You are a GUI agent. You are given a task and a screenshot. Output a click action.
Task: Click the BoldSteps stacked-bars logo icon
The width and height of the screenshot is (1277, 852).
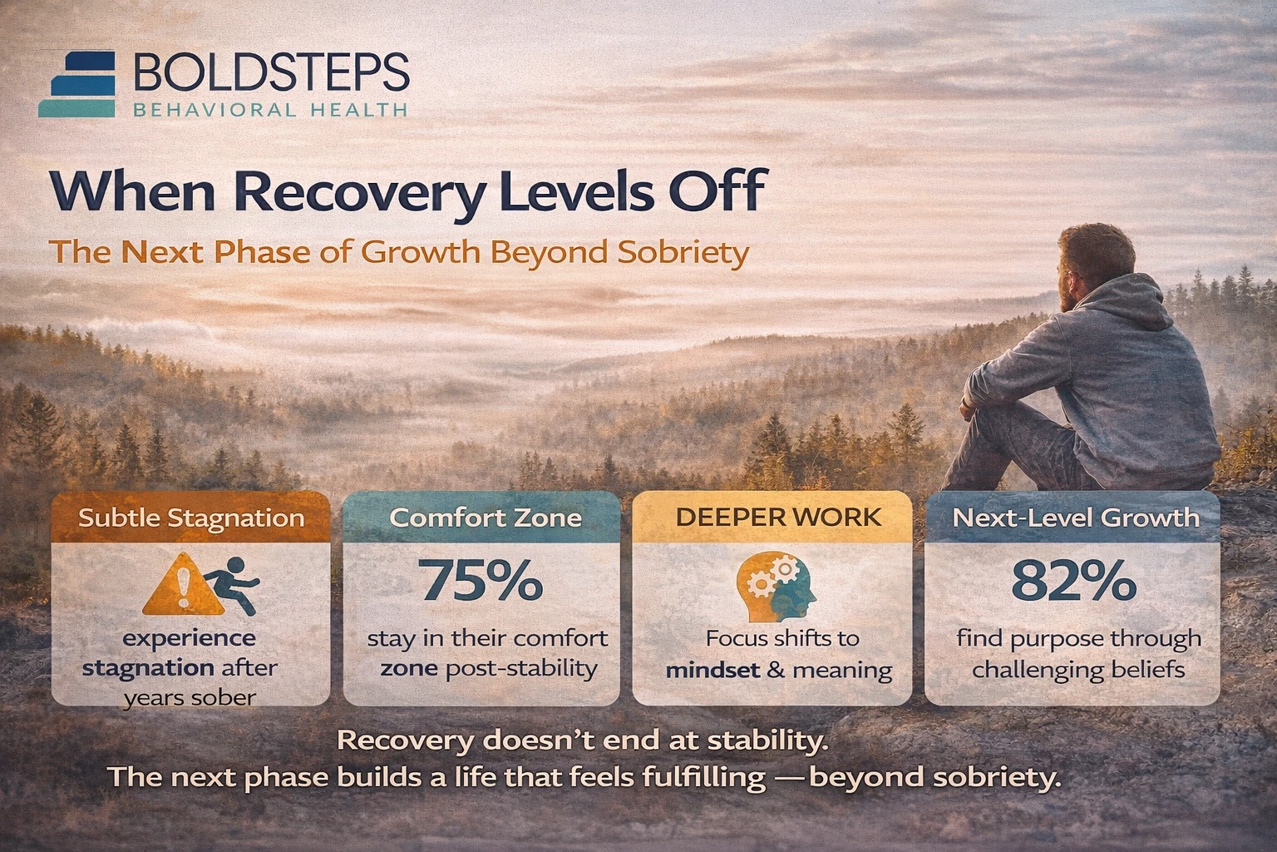(81, 83)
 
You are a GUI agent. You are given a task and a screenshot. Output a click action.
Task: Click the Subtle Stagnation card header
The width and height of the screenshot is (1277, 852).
(191, 518)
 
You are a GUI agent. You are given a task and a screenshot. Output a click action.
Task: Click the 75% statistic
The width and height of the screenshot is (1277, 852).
(482, 581)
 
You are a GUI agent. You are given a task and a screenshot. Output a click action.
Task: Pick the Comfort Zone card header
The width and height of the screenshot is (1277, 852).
(485, 518)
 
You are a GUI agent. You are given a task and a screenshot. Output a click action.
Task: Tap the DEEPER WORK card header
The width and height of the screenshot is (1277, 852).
(777, 517)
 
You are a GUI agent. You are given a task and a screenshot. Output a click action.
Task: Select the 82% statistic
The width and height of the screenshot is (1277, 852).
(1073, 581)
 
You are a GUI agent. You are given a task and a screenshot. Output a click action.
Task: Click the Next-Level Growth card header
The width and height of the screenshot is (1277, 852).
(1075, 518)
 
